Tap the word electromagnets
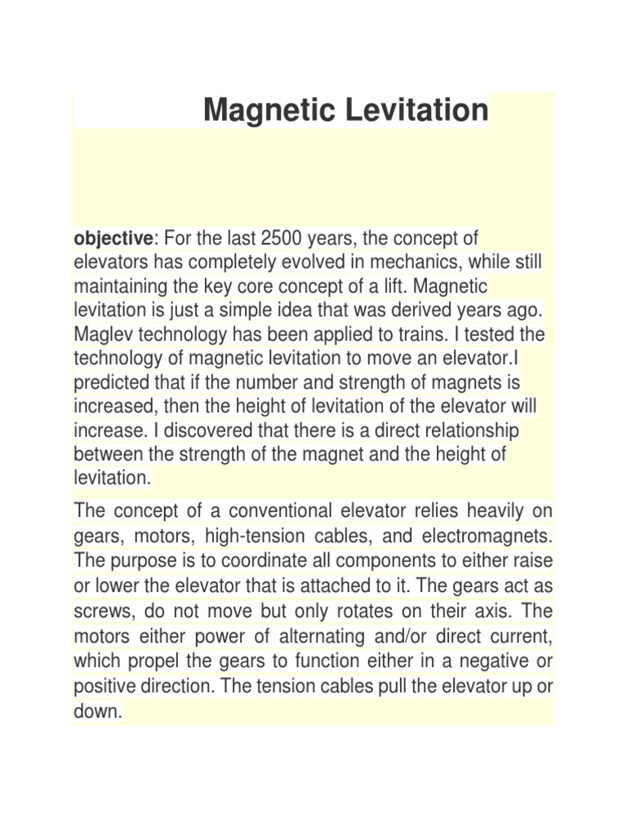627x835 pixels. (487, 537)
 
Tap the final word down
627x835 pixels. (97, 711)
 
